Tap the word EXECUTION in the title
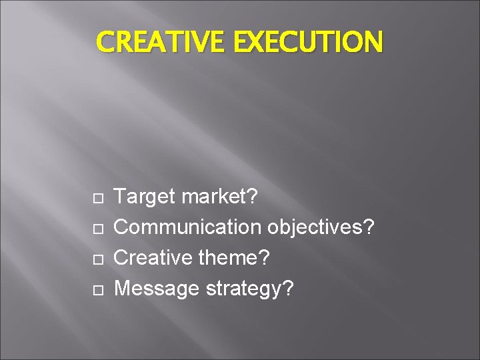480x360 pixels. (x=309, y=42)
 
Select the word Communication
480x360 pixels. (x=189, y=227)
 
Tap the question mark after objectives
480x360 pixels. (x=369, y=227)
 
